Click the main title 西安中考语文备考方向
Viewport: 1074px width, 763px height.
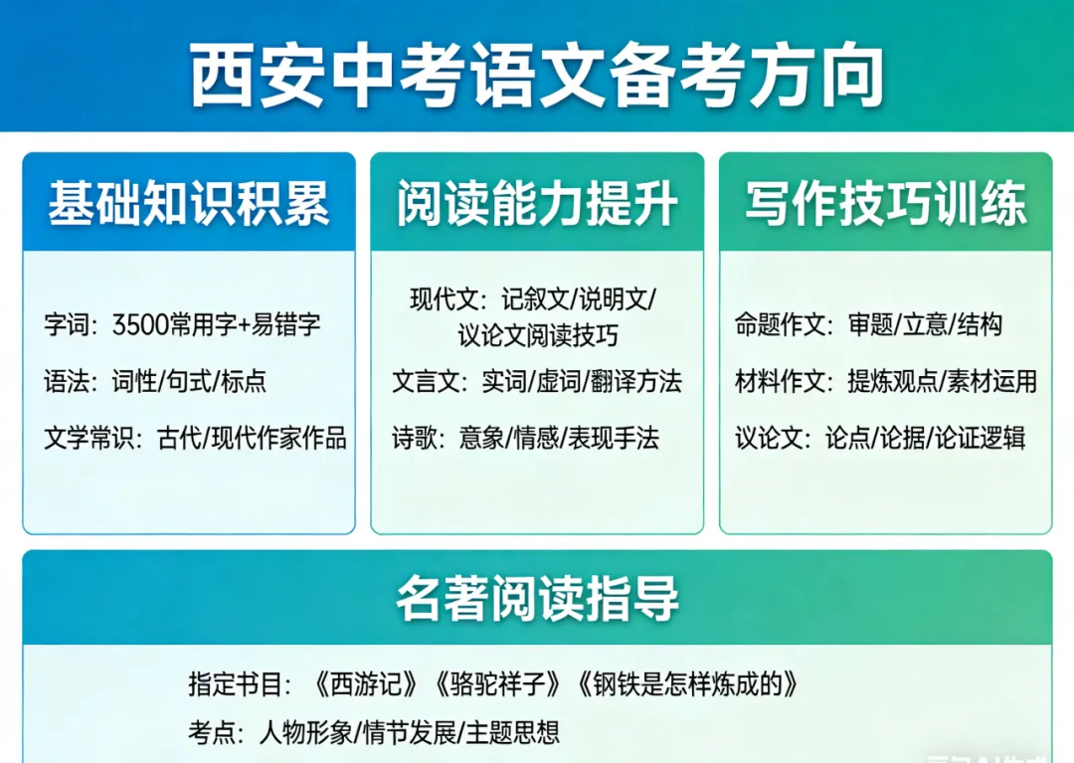click(537, 74)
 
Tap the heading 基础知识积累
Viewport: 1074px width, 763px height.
click(189, 204)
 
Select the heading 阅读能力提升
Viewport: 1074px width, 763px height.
click(537, 204)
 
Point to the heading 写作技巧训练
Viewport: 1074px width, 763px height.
click(885, 204)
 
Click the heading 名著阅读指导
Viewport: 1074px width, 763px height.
click(537, 598)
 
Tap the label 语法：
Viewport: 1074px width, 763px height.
click(73, 381)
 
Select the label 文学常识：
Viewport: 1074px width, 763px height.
click(94, 438)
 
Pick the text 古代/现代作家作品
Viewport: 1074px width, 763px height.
click(253, 438)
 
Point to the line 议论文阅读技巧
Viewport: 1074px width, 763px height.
click(537, 335)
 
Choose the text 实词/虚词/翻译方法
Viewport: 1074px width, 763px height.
click(582, 381)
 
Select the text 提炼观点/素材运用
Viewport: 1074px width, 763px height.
click(942, 381)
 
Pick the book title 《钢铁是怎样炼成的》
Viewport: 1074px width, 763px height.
click(687, 684)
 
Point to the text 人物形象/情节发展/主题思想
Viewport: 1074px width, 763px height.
click(409, 733)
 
